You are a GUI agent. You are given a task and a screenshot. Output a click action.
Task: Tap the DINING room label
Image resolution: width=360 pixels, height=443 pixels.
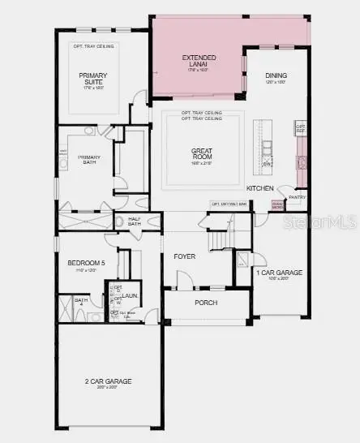coord(276,77)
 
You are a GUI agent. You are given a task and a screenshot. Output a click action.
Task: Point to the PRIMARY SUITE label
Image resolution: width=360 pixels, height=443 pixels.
coord(93,79)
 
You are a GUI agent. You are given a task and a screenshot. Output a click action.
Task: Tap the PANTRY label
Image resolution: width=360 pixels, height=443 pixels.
coord(298,196)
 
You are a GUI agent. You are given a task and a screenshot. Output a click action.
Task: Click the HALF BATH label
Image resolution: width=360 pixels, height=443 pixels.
coord(134,221)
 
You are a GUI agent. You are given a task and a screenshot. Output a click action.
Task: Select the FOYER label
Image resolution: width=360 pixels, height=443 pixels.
coord(185,256)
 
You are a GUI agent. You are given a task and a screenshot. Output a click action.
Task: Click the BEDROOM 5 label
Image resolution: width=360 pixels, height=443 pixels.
coord(87,263)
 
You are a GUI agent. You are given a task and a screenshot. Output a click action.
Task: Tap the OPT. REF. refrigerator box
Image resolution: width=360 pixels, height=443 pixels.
coord(300,128)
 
